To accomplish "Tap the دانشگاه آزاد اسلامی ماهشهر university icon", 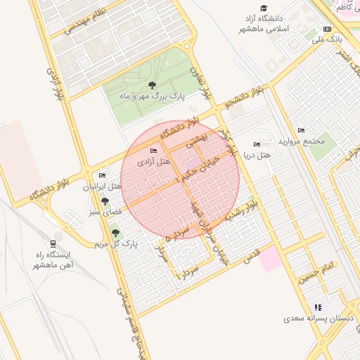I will click(264, 8).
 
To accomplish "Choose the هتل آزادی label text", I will click(153, 162).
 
